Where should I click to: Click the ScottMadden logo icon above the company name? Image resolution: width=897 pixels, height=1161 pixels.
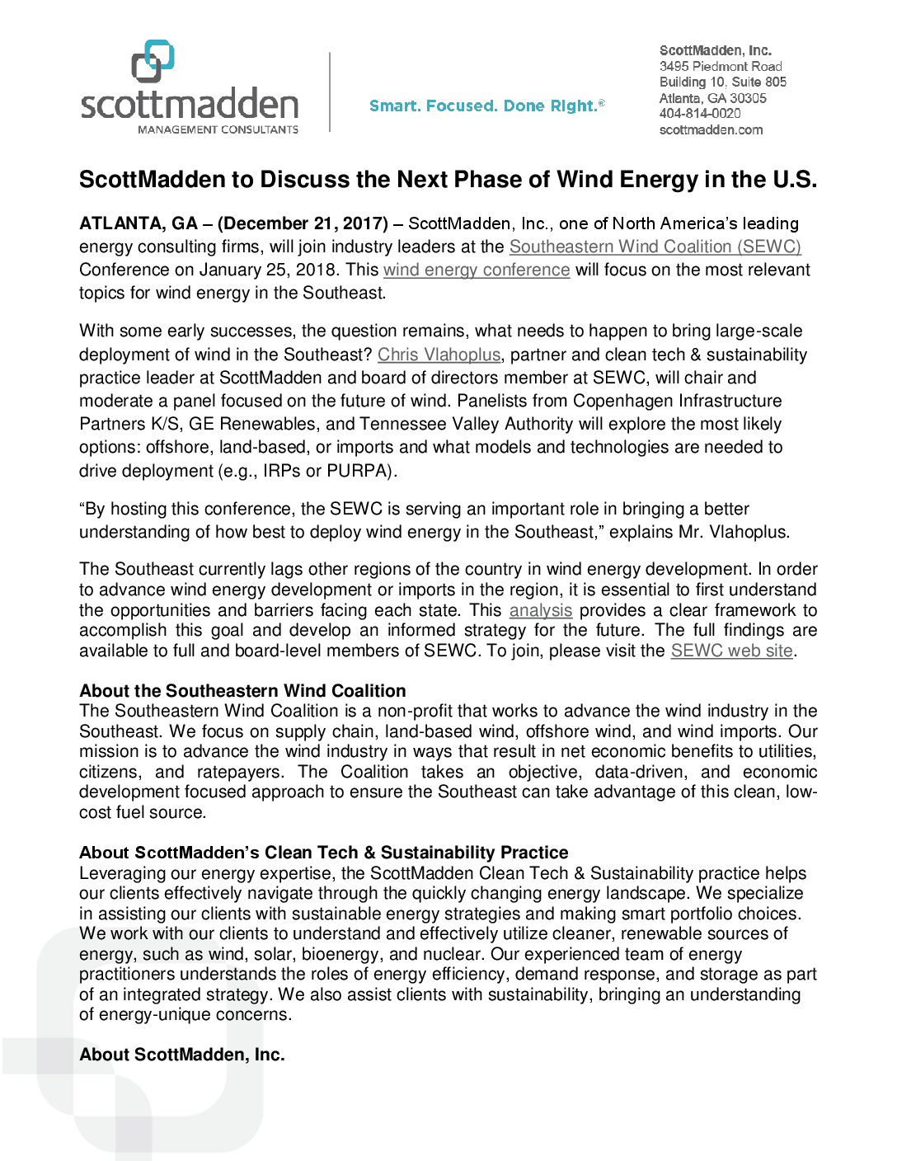153,61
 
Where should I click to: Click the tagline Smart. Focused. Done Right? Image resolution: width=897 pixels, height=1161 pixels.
486,106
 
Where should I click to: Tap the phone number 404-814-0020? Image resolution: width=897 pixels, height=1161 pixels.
699,114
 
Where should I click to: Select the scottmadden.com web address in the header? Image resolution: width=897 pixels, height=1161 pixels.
711,129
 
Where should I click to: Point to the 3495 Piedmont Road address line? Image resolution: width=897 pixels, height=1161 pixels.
721,66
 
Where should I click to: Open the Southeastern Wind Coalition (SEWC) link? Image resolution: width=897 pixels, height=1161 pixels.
655,247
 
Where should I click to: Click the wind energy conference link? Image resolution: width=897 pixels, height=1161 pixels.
477,270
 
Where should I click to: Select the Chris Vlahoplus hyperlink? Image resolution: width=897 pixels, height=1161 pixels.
439,355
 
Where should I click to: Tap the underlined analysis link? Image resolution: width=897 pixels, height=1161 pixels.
540,610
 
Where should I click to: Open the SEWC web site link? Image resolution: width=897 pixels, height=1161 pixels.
731,651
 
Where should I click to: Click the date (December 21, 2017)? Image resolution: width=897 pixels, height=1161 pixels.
303,223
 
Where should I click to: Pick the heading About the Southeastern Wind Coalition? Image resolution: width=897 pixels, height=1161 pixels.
242,691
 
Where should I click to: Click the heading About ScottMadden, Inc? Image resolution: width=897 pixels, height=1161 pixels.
181,1055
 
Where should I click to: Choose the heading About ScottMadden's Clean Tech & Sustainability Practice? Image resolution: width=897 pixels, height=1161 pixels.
323,853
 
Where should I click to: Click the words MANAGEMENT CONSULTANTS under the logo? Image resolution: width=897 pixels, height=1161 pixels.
218,129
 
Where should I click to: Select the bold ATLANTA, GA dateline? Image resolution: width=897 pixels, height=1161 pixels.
139,223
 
